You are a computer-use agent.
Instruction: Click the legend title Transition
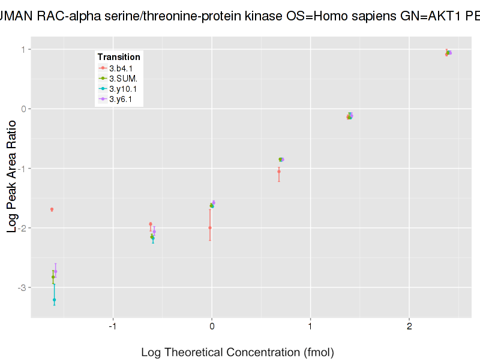119,57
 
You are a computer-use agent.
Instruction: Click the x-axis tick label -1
112,326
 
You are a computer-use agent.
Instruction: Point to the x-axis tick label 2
409,326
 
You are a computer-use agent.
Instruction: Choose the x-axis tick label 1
310,326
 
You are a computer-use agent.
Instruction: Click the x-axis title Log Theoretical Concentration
237,352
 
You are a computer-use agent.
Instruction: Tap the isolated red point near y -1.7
52,209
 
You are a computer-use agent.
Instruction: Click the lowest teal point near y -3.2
54,299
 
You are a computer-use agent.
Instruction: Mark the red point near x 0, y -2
209,227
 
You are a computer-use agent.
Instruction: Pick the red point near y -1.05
278,172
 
